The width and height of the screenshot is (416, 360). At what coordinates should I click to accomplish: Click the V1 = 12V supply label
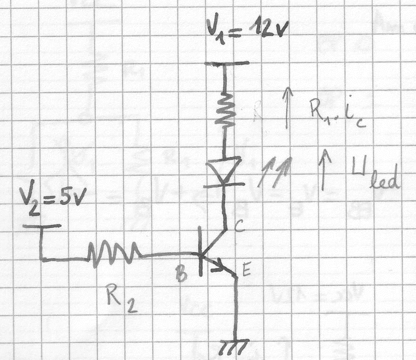247,31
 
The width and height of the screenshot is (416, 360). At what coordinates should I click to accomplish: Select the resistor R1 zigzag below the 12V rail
225,109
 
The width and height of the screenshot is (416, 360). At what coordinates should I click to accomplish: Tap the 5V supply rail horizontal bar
42,226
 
